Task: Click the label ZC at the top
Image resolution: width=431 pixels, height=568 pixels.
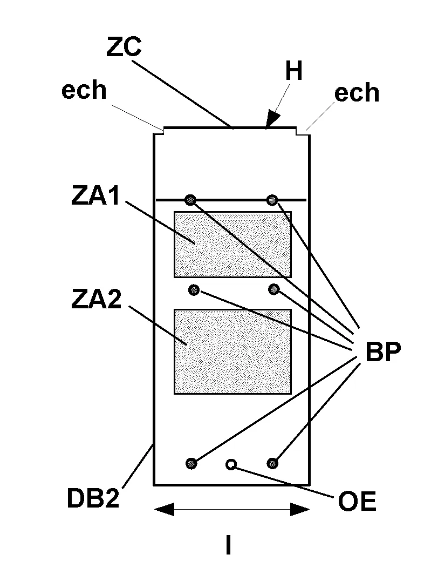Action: [124, 46]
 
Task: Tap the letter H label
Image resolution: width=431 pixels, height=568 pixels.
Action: [294, 71]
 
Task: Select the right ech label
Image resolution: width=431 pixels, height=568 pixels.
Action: [357, 92]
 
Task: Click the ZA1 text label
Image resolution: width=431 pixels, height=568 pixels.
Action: [95, 196]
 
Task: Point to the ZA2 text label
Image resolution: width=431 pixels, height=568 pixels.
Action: [96, 299]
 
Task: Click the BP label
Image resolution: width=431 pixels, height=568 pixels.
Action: [383, 351]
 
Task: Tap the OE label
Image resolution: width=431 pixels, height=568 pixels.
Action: [357, 502]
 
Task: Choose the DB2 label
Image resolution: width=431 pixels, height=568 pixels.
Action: [93, 498]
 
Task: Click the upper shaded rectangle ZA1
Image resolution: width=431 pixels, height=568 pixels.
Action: [232, 245]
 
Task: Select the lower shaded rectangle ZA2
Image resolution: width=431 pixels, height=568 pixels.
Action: [232, 351]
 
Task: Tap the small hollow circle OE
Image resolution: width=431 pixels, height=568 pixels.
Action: [231, 464]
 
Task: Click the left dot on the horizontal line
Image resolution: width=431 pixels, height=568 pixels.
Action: [190, 199]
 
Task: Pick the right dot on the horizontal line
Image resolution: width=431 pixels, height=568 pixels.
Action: [272, 199]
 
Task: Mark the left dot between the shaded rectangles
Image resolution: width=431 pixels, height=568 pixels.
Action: [194, 289]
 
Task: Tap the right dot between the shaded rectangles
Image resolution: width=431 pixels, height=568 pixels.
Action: [274, 289]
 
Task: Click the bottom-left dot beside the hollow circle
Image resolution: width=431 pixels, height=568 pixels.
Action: [191, 463]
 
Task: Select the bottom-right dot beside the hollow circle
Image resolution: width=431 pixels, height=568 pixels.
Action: [272, 463]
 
